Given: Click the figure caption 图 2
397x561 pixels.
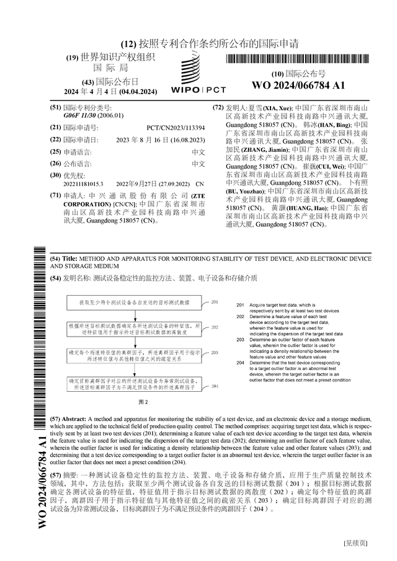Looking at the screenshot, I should [143, 402].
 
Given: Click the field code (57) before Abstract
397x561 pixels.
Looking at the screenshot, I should [55, 419].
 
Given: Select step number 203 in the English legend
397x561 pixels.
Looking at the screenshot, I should [240, 340].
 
